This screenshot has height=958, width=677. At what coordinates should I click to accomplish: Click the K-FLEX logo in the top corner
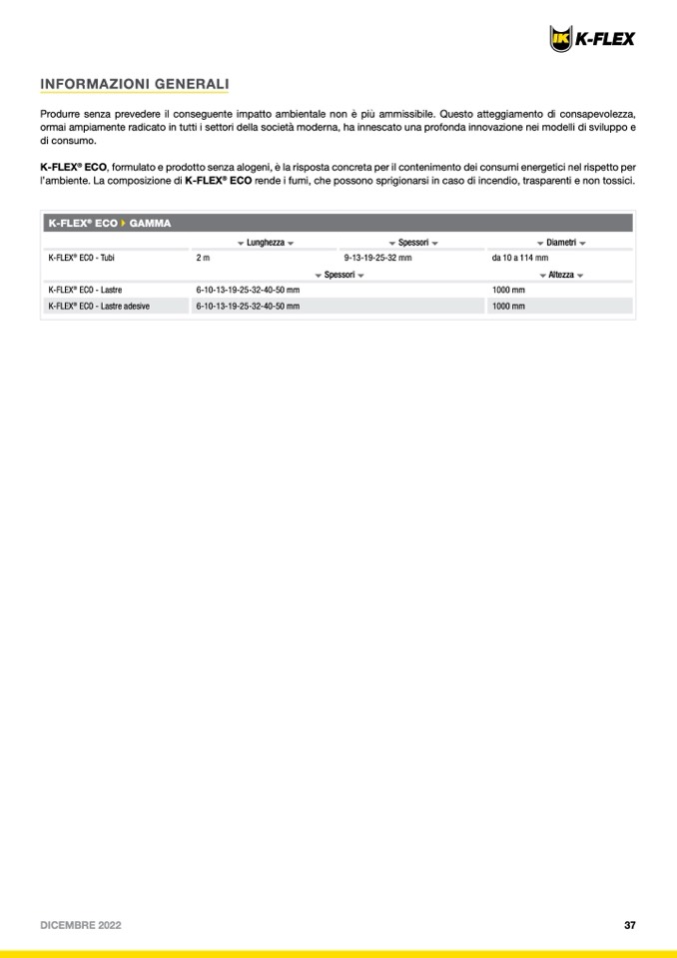tap(592, 38)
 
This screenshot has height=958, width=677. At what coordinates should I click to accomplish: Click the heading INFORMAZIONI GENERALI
tap(134, 84)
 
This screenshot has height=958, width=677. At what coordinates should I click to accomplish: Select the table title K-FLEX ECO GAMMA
tap(110, 223)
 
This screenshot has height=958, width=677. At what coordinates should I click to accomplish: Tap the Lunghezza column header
tap(265, 243)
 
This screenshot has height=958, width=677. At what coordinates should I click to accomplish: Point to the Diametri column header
tap(560, 243)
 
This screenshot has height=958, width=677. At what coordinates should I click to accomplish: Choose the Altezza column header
tap(561, 275)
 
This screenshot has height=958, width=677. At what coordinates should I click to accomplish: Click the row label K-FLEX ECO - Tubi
tap(82, 258)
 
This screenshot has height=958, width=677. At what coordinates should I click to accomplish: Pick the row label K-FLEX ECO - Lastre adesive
tap(99, 306)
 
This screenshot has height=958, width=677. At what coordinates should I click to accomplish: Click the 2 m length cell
tap(203, 258)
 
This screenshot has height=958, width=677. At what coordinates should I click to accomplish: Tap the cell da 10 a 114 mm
tap(519, 258)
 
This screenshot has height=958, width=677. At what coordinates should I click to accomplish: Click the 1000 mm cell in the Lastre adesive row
tap(508, 306)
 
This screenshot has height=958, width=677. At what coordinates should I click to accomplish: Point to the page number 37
tap(630, 925)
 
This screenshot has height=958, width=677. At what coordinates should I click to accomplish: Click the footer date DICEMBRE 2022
tap(81, 925)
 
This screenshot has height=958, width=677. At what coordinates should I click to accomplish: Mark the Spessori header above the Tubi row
tap(412, 243)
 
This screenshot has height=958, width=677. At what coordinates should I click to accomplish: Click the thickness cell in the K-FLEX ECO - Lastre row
tap(248, 290)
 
